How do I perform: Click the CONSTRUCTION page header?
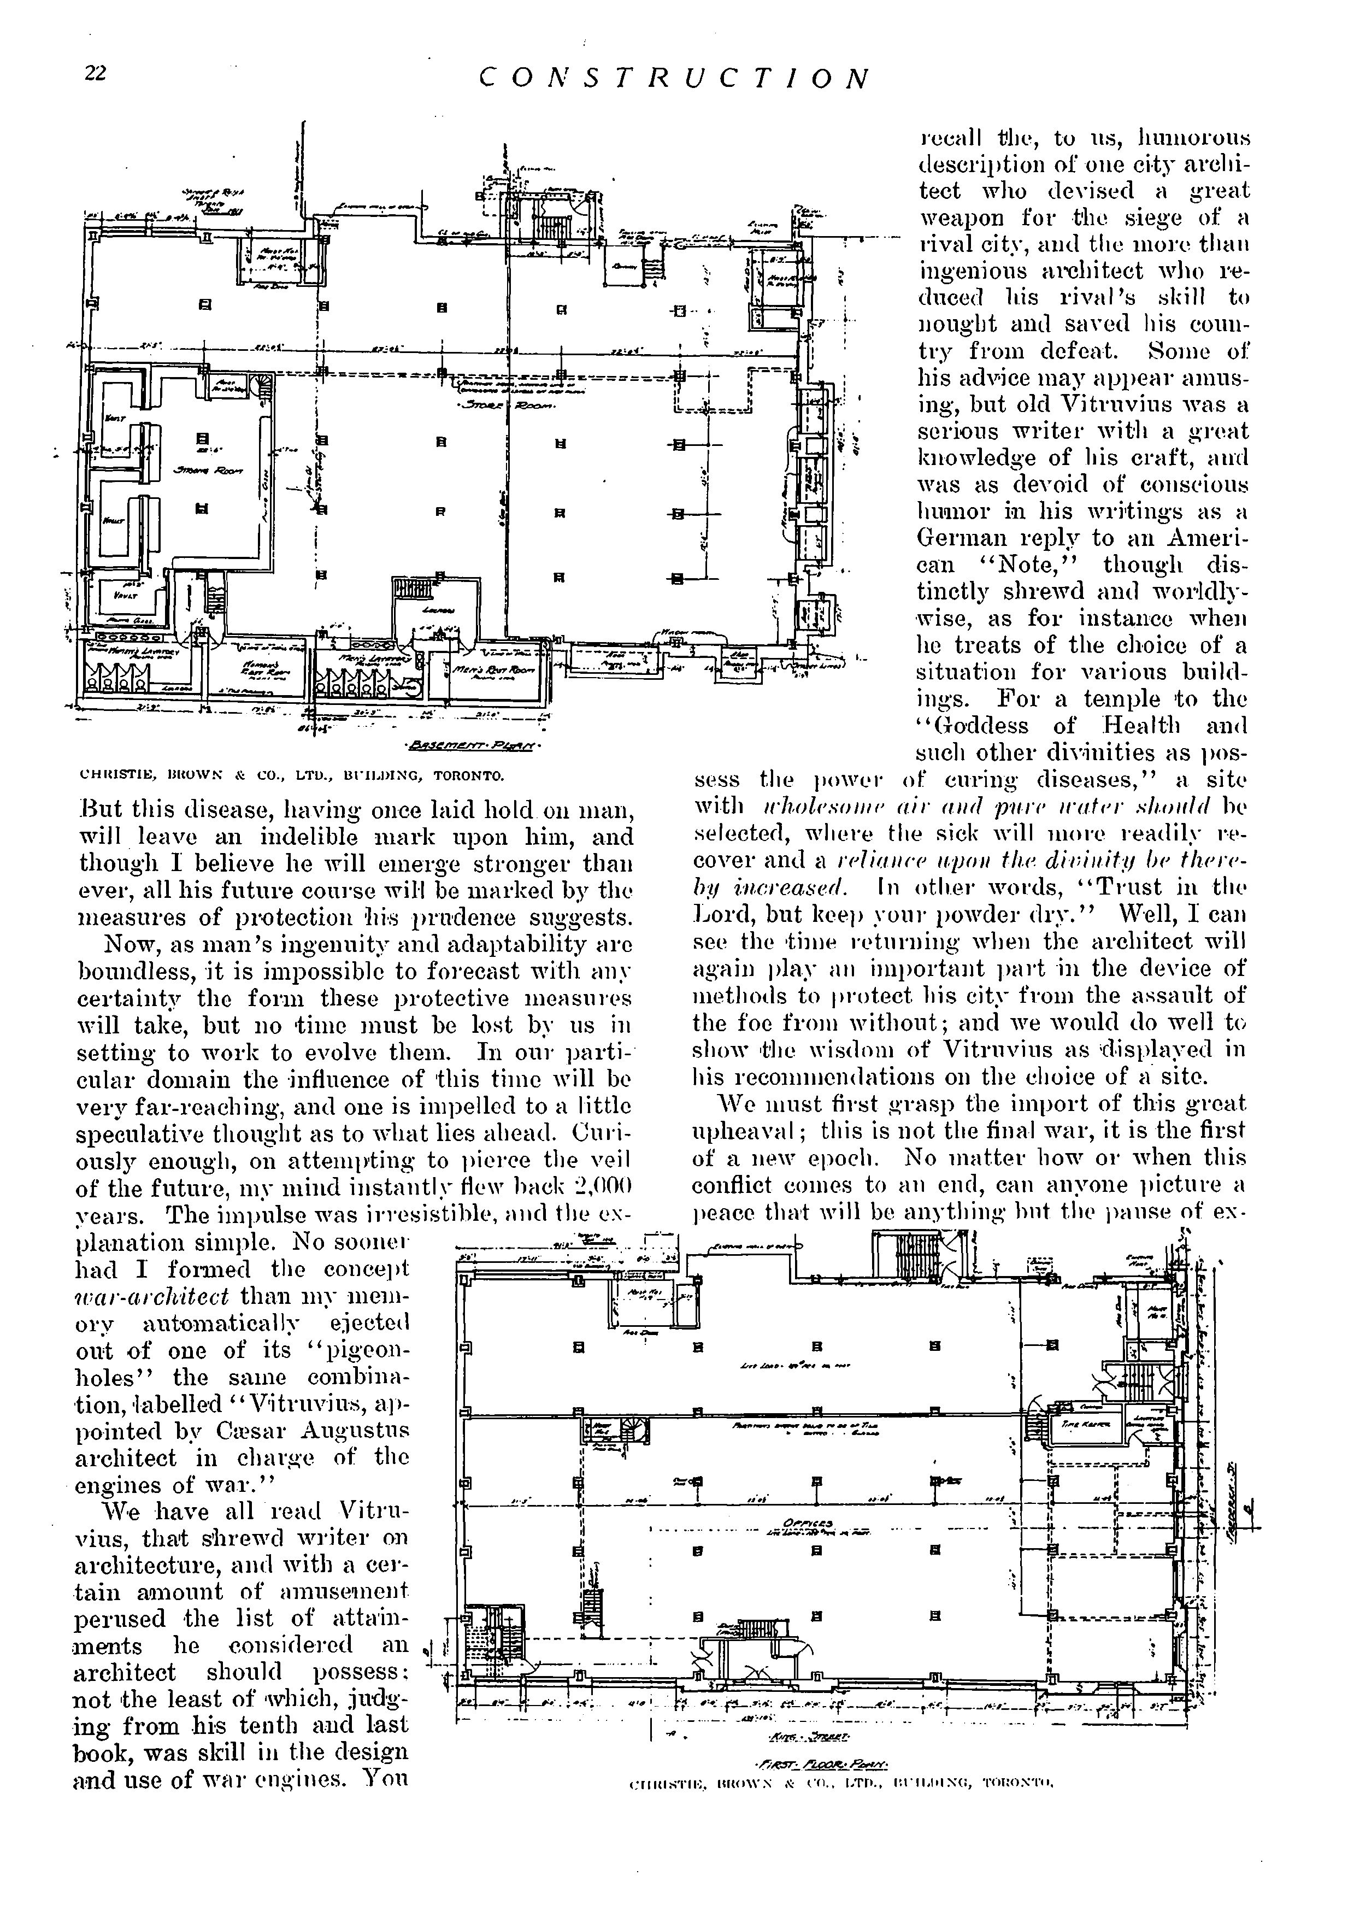(674, 78)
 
